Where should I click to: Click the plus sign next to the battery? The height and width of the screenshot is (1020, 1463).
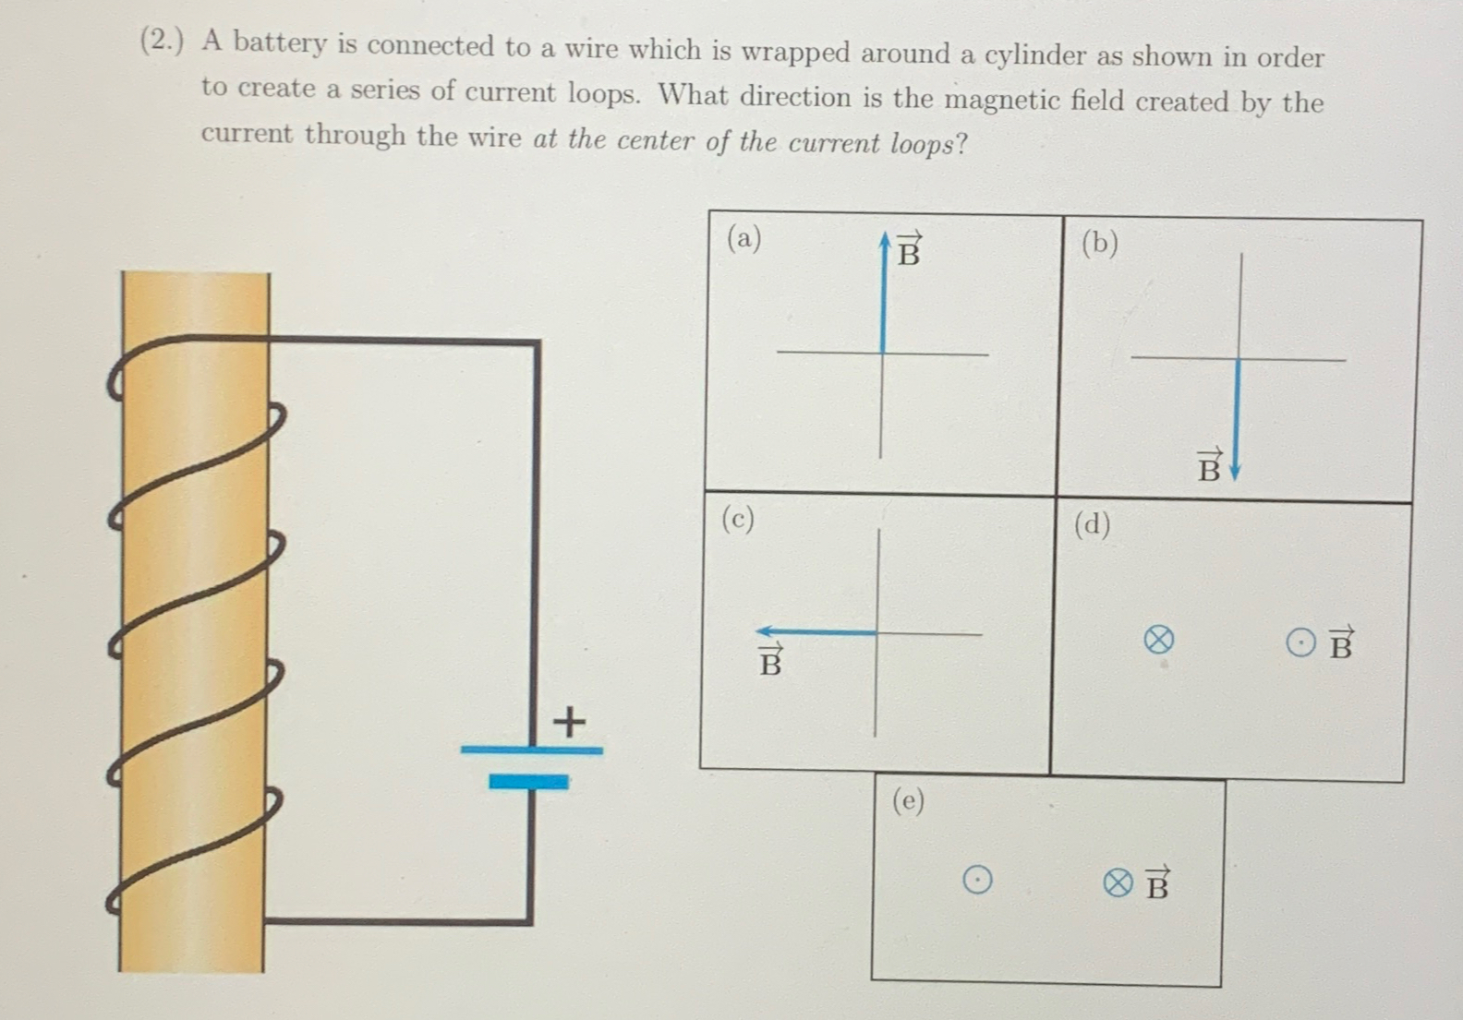coord(569,721)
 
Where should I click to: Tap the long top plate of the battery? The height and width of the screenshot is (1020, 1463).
coord(531,750)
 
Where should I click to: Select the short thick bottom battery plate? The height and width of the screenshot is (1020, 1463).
coord(528,782)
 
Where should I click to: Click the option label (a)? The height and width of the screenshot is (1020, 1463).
coord(744,238)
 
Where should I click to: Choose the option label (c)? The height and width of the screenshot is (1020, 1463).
coord(737,519)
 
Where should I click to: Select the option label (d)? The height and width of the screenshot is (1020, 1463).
coord(1092,524)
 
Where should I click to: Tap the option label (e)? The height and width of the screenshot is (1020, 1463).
coord(908,800)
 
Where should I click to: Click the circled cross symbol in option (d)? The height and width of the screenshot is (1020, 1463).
coord(1158,639)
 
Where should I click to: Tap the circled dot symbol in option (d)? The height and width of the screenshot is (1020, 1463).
coord(1300,642)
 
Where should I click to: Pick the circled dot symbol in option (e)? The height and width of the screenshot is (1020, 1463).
coord(977,880)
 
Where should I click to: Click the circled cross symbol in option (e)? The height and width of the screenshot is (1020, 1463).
coord(1118,883)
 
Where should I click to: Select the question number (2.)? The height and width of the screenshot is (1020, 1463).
coord(162,41)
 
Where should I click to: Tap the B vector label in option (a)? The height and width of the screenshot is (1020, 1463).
coord(909,250)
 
